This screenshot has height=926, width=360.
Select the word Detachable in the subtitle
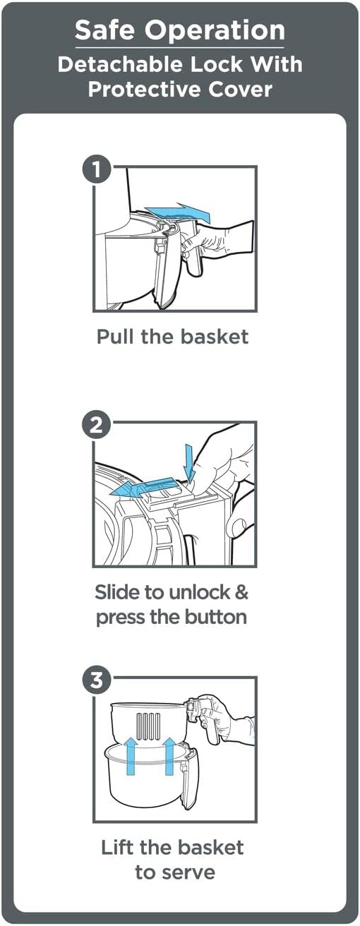click(x=120, y=64)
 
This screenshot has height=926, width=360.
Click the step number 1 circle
click(x=96, y=169)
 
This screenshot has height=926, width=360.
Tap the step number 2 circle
click(x=96, y=424)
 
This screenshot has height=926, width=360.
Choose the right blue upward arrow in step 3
click(x=169, y=756)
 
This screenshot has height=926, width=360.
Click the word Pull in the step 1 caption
click(x=115, y=336)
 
